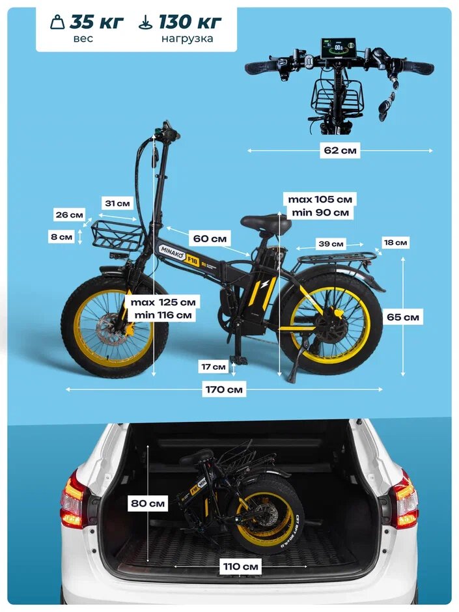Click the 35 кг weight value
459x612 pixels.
tap(96, 21)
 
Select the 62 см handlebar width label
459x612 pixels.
tap(340, 150)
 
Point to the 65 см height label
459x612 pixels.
tap(403, 318)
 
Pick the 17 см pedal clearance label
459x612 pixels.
tap(213, 367)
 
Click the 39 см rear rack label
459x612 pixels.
tap(331, 244)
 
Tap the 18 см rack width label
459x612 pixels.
tap(395, 243)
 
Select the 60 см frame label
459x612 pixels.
tap(210, 239)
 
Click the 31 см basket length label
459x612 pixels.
tap(118, 203)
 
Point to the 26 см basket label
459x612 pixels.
tap(69, 215)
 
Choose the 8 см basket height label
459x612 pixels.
tap(62, 237)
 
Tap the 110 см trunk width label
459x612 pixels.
tap(241, 567)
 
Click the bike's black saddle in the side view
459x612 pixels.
tap(266, 223)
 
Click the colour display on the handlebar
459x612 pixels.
tap(337, 49)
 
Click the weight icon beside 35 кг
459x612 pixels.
tap(58, 21)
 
